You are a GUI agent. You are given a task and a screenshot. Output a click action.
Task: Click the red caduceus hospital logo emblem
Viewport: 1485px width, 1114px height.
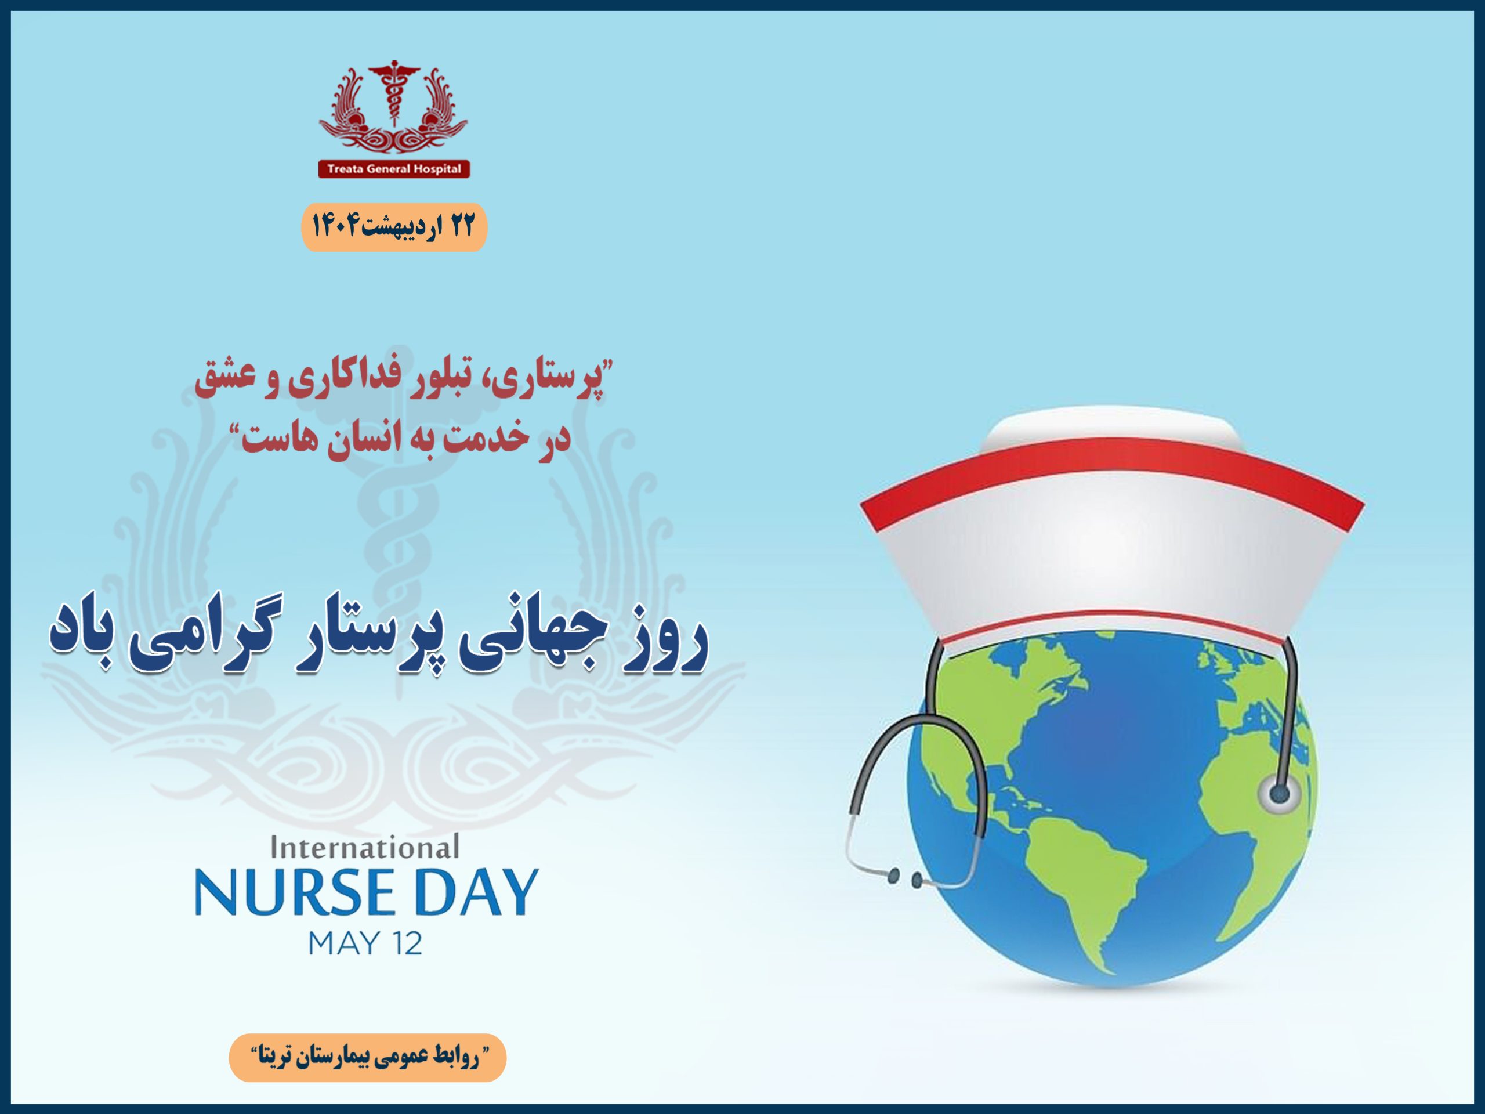[393, 107]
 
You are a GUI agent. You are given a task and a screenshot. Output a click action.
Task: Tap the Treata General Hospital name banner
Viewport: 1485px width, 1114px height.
[394, 168]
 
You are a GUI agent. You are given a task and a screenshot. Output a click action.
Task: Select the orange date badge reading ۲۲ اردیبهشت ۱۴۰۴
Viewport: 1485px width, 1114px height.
[393, 227]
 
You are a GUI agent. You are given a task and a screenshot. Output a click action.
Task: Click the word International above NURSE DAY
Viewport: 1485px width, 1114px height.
[364, 848]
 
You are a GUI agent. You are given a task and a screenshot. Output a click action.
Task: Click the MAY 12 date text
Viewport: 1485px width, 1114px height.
[365, 943]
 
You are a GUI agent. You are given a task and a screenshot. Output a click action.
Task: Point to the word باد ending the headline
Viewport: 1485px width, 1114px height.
[90, 638]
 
